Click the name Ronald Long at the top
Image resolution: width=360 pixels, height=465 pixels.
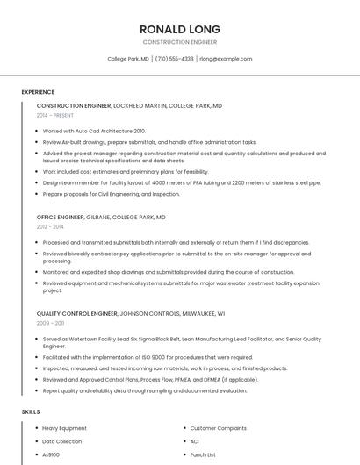179,29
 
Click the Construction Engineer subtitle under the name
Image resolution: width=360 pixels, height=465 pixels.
179,42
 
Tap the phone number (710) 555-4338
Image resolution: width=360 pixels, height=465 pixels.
176,59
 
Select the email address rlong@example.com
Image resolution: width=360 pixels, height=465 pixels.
226,59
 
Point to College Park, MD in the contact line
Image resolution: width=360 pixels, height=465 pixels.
128,59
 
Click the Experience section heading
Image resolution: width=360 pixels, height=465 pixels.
38,92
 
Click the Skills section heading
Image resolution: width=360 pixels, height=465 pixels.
31,411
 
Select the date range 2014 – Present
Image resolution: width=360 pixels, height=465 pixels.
56,116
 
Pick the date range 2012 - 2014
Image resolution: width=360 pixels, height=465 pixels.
50,227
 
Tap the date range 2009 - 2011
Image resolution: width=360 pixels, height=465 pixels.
50,323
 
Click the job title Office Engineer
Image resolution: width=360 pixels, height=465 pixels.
60,217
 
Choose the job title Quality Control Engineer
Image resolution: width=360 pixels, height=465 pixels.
76,313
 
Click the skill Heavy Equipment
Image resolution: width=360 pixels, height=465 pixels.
64,428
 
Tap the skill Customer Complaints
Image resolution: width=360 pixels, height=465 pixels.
219,428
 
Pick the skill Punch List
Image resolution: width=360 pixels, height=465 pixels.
203,455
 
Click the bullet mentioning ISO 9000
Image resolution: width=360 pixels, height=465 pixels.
148,357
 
